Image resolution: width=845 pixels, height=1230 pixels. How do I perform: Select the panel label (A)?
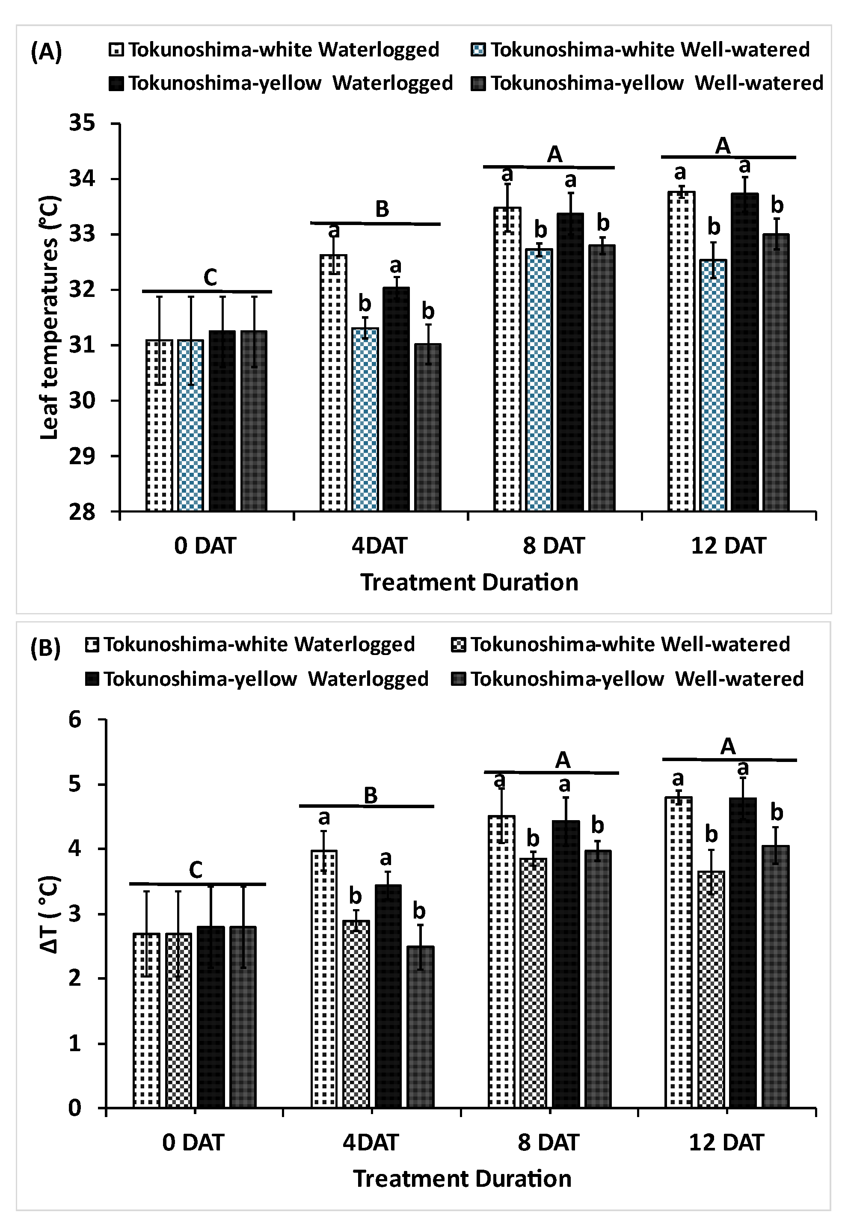pyautogui.click(x=47, y=53)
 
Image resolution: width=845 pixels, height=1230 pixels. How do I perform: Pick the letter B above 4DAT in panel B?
pyautogui.click(x=370, y=794)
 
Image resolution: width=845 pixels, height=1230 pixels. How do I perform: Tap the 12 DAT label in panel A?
pyautogui.click(x=728, y=545)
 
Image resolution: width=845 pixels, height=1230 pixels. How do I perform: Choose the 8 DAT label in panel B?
pyautogui.click(x=548, y=1142)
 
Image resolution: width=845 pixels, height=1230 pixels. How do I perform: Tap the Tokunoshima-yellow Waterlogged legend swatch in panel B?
pyautogui.click(x=91, y=679)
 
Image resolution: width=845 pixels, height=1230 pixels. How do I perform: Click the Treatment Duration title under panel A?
pyautogui.click(x=469, y=582)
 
